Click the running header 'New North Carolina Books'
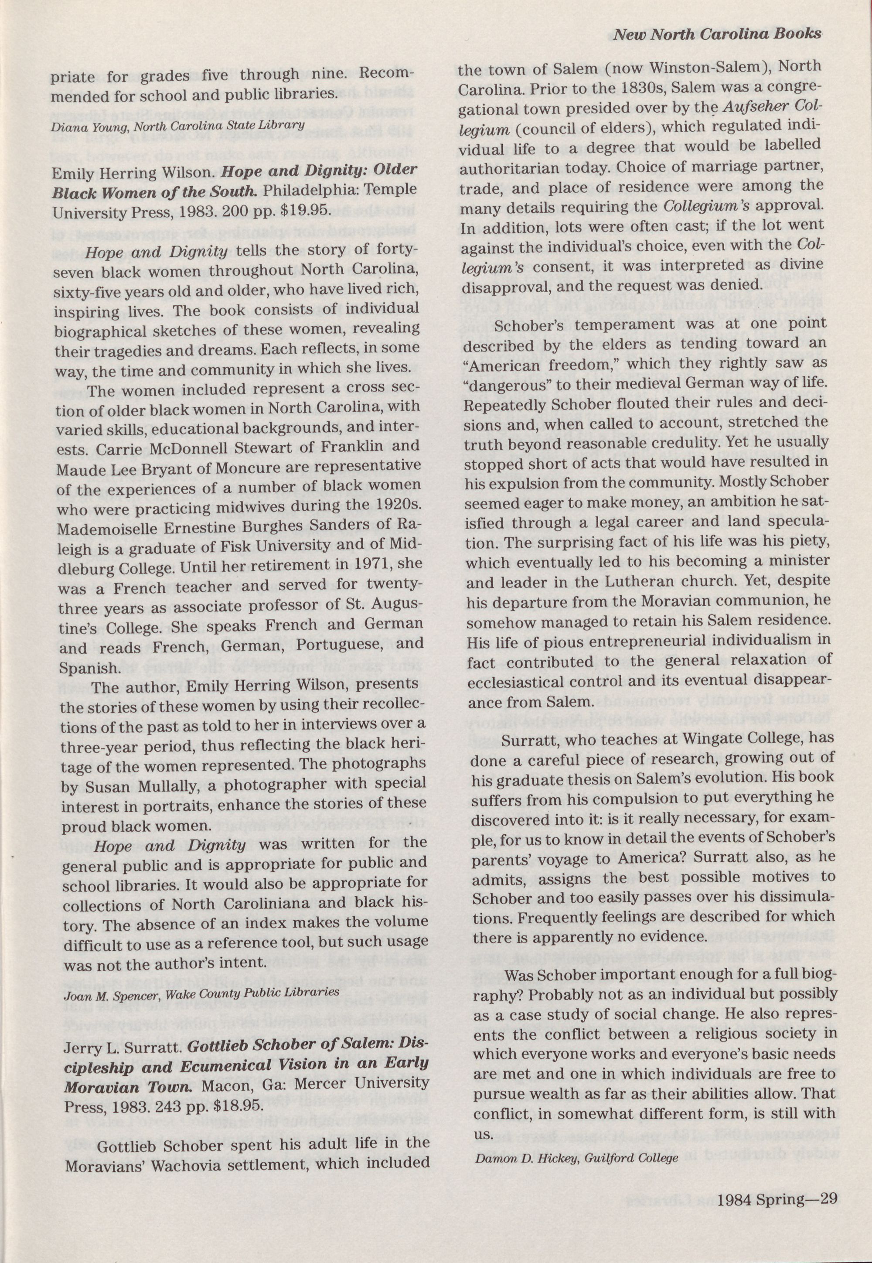pos(717,34)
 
